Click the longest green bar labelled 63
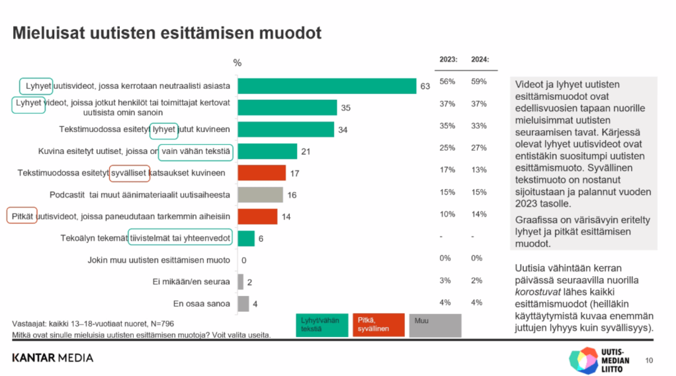[326, 86]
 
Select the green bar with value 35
[287, 108]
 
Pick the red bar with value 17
[261, 173]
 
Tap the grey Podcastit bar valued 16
[260, 195]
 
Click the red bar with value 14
[257, 216]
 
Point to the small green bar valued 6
[246, 239]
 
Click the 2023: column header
[448, 60]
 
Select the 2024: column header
[480, 60]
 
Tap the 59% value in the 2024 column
[479, 82]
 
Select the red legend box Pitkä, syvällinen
[378, 324]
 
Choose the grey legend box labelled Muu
[435, 324]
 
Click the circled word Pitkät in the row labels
[22, 216]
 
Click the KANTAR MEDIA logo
[53, 358]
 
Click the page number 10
[649, 360]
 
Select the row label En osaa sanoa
[202, 304]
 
